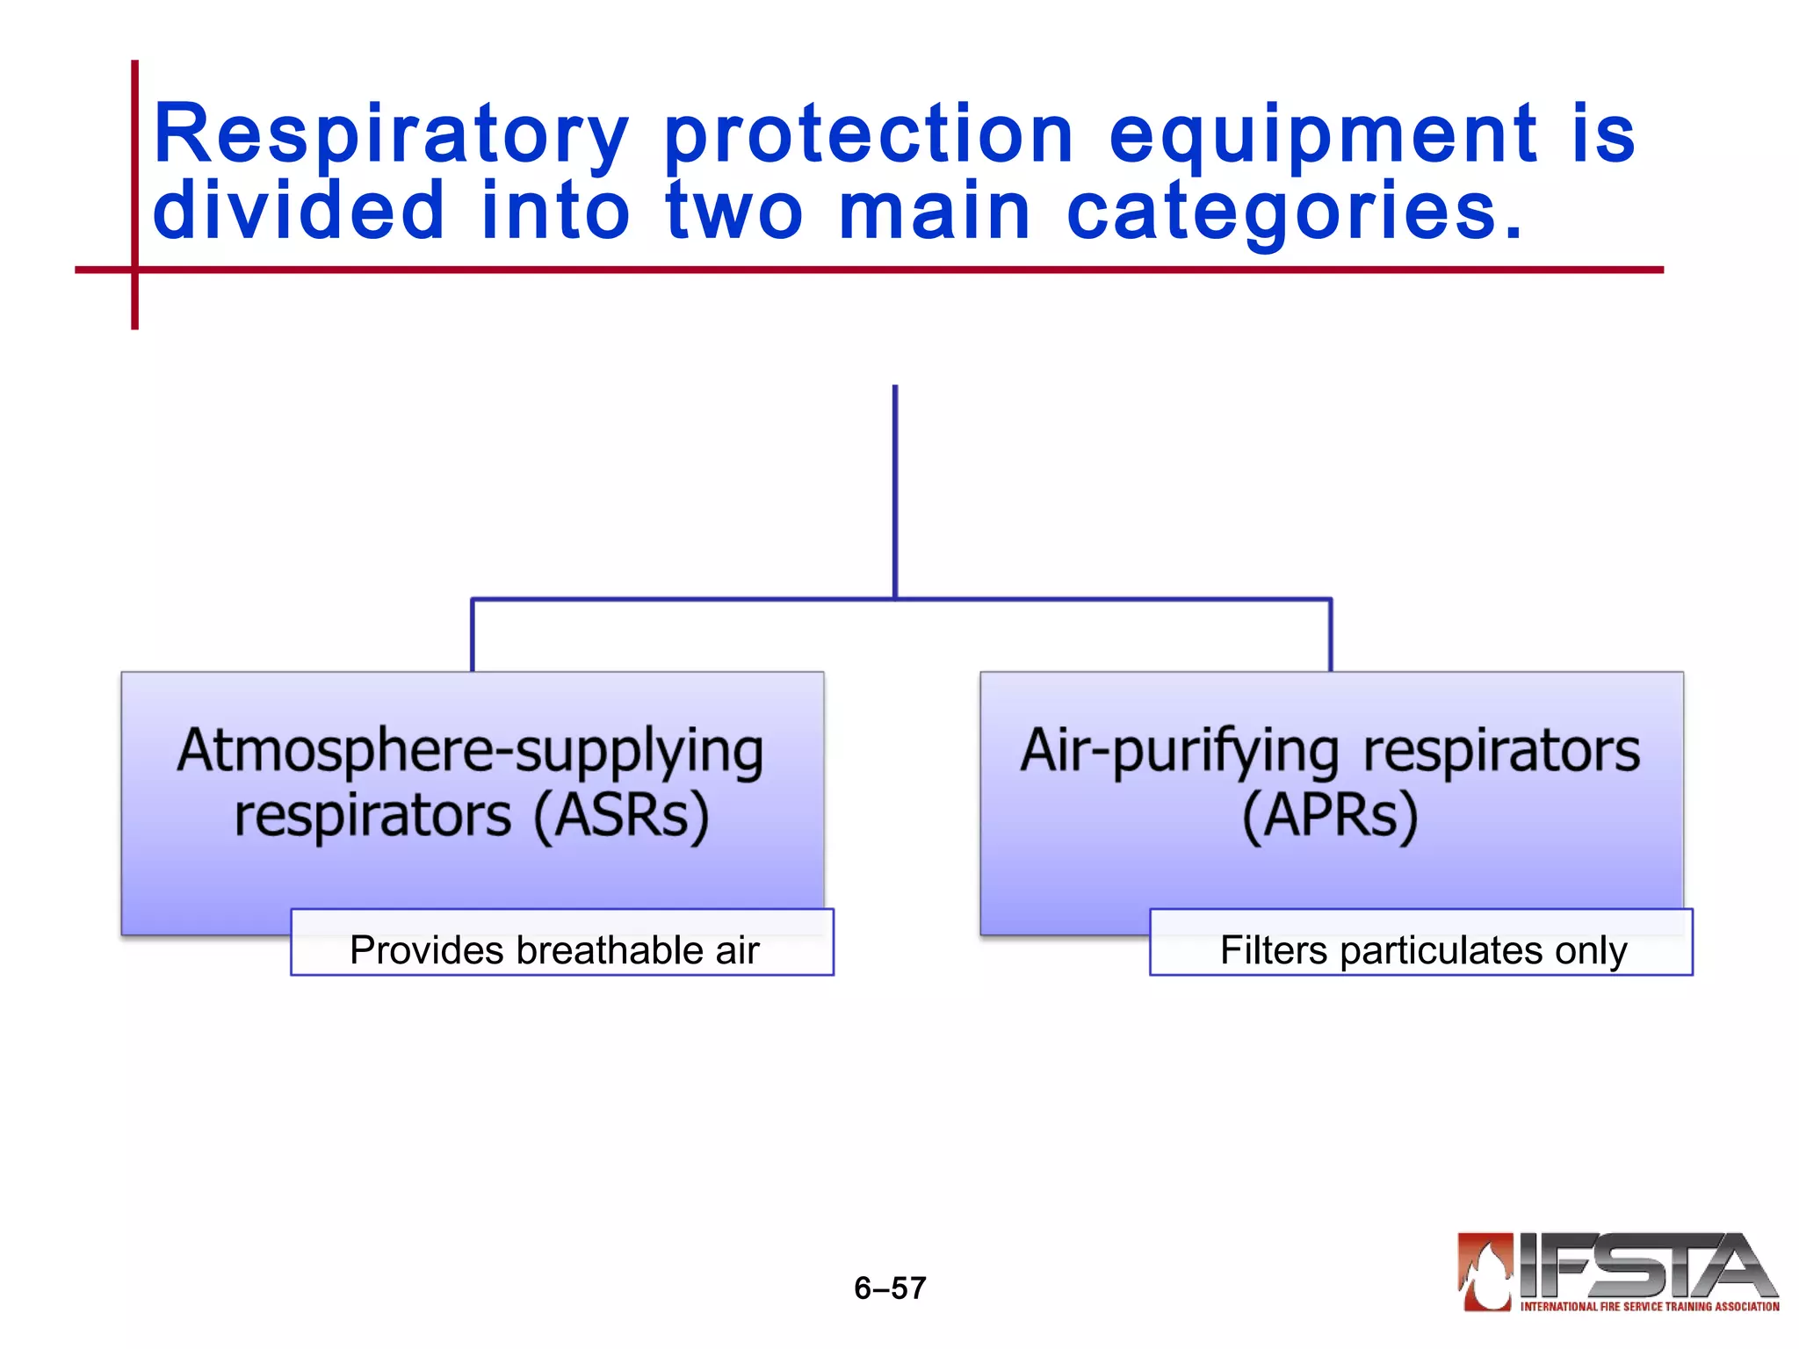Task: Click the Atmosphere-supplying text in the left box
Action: tap(471, 751)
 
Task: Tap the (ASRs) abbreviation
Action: tap(621, 816)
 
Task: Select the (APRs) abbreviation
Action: tap(1330, 816)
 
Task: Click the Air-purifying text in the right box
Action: tap(1179, 751)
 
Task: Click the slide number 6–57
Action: tap(890, 1288)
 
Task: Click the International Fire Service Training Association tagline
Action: tap(1649, 1307)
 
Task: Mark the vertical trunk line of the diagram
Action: tap(894, 492)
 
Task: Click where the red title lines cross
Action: tap(134, 270)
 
